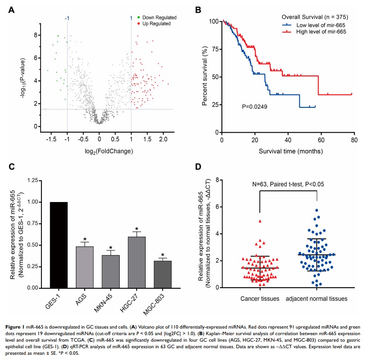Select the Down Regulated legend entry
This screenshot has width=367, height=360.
point(159,17)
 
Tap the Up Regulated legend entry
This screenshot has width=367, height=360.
point(157,23)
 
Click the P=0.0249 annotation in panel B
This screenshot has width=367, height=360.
point(257,106)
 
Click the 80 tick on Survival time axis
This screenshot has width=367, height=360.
point(353,141)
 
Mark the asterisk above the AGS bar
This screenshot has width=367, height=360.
point(85,239)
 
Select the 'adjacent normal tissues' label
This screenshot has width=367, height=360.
point(317,299)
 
